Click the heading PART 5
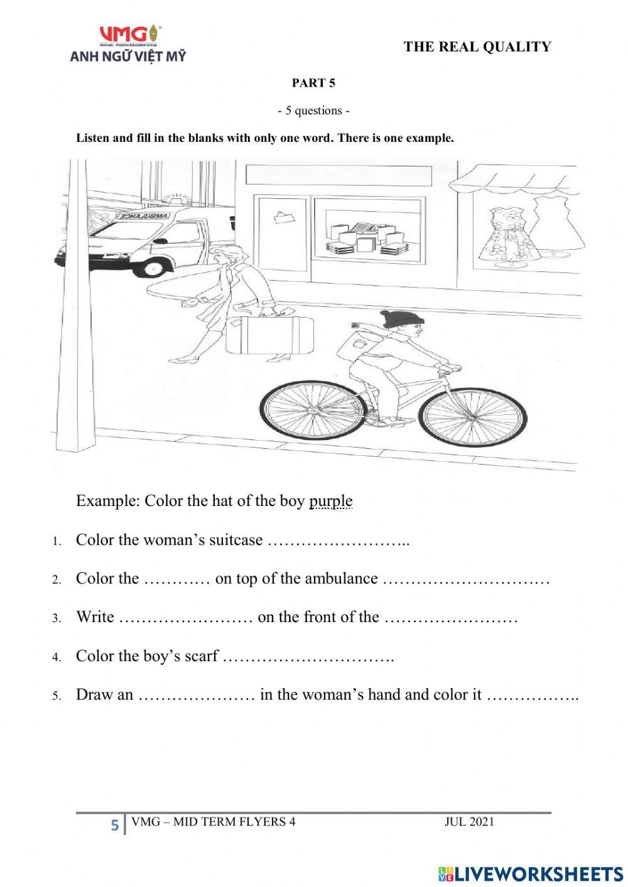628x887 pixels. tap(313, 83)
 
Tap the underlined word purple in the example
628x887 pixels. tap(330, 501)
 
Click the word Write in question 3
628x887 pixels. tap(95, 617)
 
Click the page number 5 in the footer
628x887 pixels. tap(114, 825)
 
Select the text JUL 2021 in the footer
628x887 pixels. tap(469, 822)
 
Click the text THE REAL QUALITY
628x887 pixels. tap(477, 46)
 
